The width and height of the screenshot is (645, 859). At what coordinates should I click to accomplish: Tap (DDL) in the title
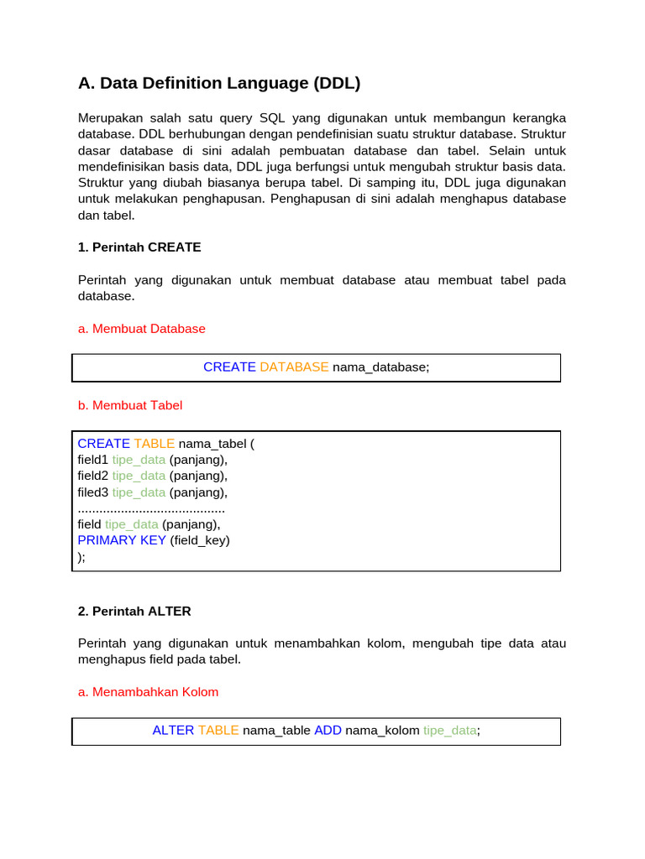pyautogui.click(x=337, y=83)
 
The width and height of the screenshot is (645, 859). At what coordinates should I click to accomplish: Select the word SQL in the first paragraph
pyautogui.click(x=273, y=117)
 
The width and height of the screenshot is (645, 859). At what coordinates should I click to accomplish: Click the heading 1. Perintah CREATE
pyautogui.click(x=139, y=247)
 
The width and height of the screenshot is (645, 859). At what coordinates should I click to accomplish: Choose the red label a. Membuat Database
pyautogui.click(x=141, y=329)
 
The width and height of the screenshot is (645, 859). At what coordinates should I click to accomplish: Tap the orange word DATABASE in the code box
pyautogui.click(x=294, y=367)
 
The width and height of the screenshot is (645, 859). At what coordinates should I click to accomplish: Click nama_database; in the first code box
pyautogui.click(x=380, y=367)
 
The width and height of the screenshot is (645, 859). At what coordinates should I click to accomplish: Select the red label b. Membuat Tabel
pyautogui.click(x=129, y=405)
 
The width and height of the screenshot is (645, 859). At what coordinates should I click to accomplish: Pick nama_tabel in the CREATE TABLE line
pyautogui.click(x=211, y=444)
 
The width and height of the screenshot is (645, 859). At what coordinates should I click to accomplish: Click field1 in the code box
pyautogui.click(x=92, y=460)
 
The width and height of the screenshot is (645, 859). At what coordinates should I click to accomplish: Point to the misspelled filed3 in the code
pyautogui.click(x=92, y=492)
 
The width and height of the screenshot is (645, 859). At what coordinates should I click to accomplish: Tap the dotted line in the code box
pyautogui.click(x=151, y=509)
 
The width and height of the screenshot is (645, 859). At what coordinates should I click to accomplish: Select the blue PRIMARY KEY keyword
pyautogui.click(x=122, y=540)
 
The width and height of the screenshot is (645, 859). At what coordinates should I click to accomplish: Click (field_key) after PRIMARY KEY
pyautogui.click(x=200, y=540)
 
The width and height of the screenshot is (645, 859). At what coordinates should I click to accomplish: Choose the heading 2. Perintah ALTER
pyautogui.click(x=134, y=612)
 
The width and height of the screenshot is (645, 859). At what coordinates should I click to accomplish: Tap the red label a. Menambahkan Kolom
pyautogui.click(x=148, y=692)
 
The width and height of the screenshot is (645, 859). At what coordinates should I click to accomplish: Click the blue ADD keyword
pyautogui.click(x=328, y=731)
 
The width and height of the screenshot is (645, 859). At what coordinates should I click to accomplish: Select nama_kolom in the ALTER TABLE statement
pyautogui.click(x=382, y=731)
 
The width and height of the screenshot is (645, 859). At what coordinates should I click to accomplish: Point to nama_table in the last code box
pyautogui.click(x=276, y=731)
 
